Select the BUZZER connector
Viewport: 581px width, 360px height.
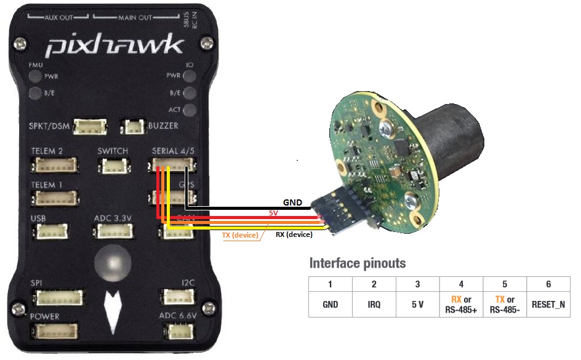132,127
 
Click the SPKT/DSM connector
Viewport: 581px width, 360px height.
90,127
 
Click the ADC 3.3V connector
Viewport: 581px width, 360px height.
112,231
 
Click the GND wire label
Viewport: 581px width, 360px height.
293,202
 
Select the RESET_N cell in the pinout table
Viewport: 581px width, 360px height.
548,304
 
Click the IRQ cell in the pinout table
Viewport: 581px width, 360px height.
374,304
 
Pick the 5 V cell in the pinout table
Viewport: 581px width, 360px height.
417,304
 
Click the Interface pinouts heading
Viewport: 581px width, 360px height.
358,263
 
